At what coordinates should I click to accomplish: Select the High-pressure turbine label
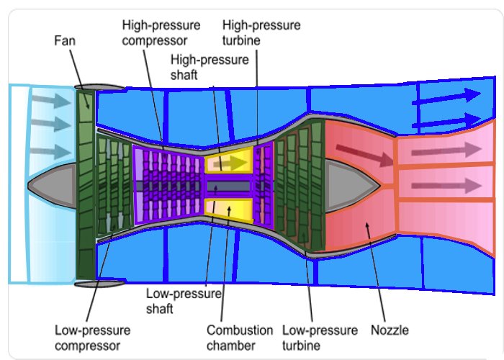[261, 32]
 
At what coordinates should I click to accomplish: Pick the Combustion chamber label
[240, 337]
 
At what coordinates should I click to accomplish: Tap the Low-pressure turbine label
[320, 337]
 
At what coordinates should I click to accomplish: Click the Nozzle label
[390, 330]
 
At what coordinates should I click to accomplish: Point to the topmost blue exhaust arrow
[446, 96]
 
